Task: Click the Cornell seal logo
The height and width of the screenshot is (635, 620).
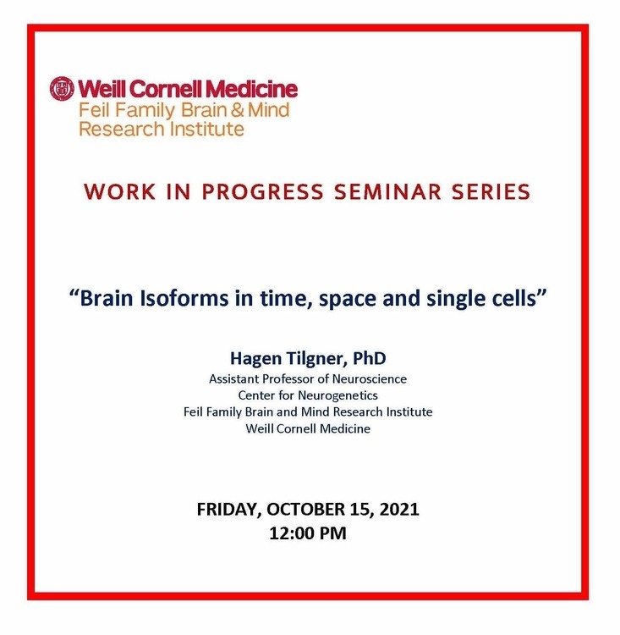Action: click(x=62, y=88)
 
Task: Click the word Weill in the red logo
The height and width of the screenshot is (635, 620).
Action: click(x=102, y=89)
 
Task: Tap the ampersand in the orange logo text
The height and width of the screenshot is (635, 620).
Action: click(x=238, y=110)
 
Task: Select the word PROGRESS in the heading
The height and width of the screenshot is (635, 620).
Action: click(x=263, y=191)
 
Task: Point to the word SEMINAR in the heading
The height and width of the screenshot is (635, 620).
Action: click(x=387, y=191)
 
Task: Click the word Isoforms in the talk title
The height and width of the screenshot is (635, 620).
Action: click(x=184, y=298)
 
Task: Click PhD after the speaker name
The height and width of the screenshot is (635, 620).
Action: click(x=369, y=358)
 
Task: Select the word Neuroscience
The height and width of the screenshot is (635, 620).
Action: click(x=369, y=379)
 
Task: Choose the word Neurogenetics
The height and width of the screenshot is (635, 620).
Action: click(x=338, y=395)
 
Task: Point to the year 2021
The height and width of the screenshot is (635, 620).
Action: click(x=399, y=509)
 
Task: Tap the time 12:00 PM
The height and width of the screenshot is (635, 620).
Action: click(x=308, y=533)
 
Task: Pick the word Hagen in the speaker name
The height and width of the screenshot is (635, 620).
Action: click(x=255, y=359)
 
